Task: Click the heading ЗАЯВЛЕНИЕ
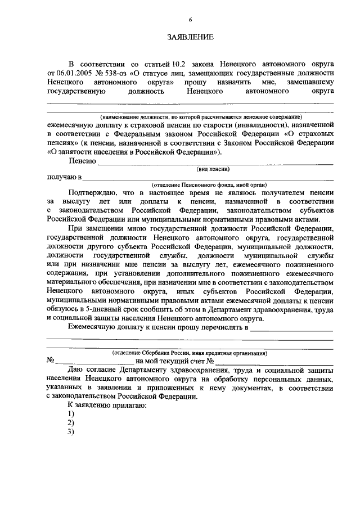[x=190, y=38]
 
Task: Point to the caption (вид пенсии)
[x=213, y=169]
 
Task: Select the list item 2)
[x=71, y=422]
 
